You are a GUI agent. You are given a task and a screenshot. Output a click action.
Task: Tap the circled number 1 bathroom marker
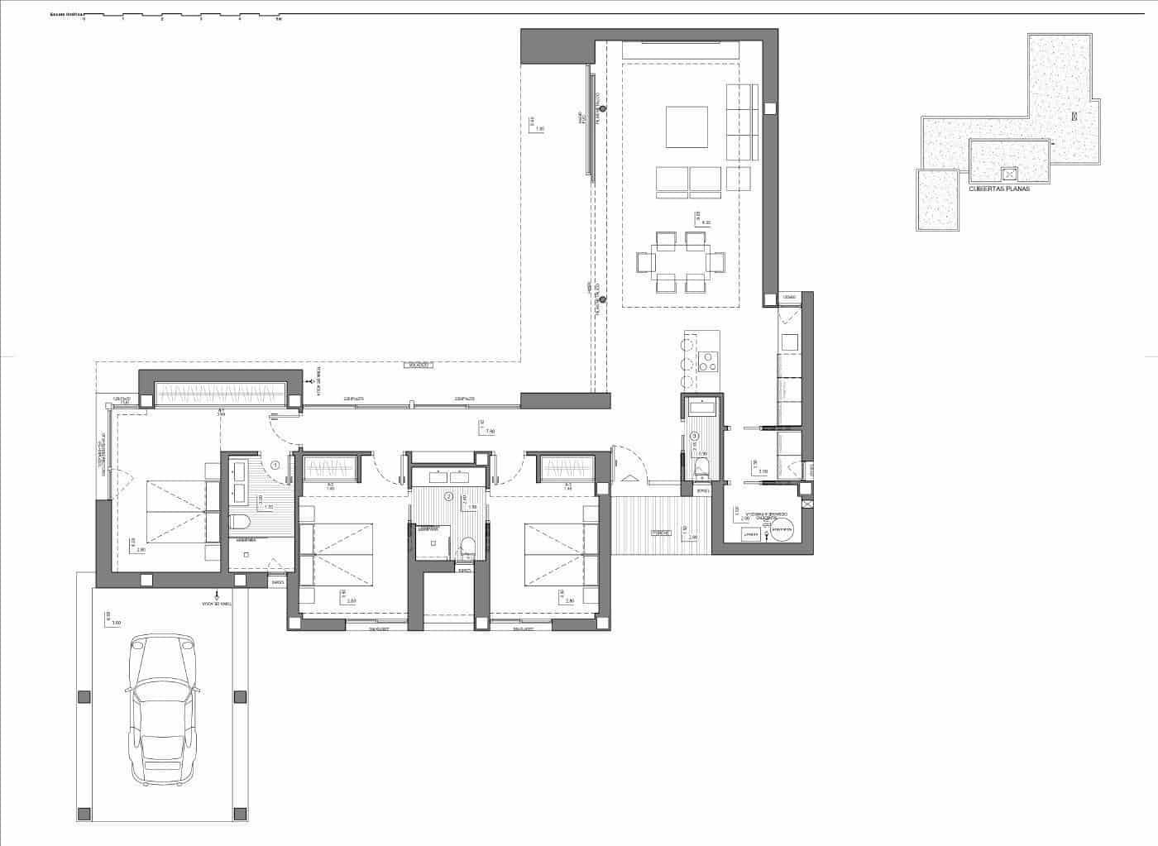tap(276, 466)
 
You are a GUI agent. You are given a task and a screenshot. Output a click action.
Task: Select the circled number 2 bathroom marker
tap(448, 497)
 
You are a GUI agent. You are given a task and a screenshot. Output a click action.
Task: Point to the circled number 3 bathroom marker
tap(695, 437)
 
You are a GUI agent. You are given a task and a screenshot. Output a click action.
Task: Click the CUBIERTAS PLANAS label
tap(998, 189)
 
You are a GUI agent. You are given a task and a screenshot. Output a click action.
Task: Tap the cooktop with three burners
tap(709, 361)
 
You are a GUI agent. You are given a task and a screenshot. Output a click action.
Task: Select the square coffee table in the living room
tap(687, 127)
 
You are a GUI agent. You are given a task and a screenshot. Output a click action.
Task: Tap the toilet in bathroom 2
tap(467, 546)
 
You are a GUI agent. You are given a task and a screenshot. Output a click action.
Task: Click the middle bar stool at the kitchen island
tap(685, 363)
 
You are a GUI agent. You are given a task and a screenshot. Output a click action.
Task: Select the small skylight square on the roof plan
tap(1008, 174)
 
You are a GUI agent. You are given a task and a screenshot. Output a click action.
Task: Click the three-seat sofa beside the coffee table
tap(741, 122)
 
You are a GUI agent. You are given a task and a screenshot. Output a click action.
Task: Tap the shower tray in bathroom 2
tap(429, 542)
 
